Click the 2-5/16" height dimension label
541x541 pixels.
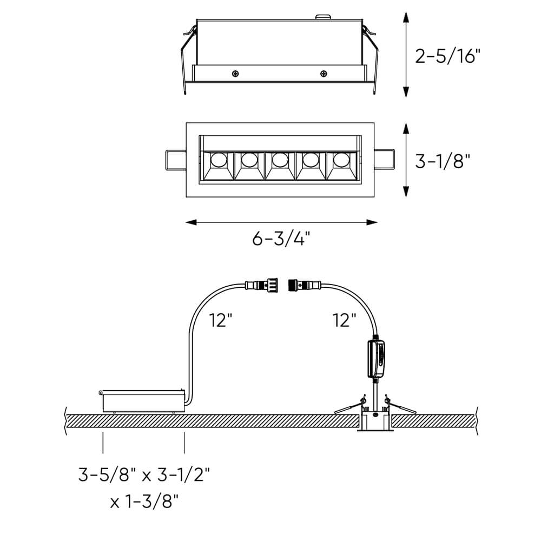point(447,56)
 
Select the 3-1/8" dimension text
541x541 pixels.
point(443,161)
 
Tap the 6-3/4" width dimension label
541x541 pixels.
point(281,238)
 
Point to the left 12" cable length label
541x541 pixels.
point(220,320)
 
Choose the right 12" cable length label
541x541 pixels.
point(344,320)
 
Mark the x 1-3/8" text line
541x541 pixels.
point(144,502)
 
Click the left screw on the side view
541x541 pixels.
point(235,74)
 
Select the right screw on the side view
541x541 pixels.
point(324,74)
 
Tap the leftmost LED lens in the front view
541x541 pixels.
point(219,160)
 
